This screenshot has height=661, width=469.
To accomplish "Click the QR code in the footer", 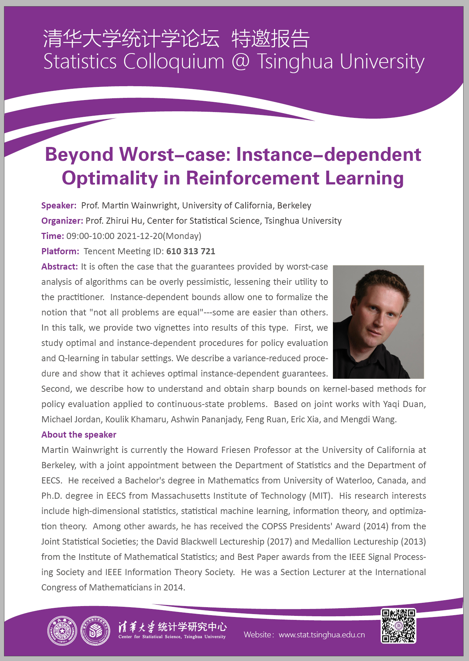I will [398, 626].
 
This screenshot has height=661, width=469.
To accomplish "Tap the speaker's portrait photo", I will [378, 322].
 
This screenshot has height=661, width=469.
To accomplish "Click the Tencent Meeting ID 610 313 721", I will [191, 251].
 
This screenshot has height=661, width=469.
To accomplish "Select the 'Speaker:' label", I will [59, 206].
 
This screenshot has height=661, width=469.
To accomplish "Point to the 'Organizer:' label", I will [62, 221].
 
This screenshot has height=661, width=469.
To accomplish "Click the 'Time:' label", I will [53, 236].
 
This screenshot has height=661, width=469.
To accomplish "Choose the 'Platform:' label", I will [60, 251].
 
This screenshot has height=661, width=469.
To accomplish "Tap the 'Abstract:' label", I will [60, 267].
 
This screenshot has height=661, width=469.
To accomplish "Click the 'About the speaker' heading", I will [79, 435].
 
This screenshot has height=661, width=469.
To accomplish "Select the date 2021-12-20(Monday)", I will [159, 236].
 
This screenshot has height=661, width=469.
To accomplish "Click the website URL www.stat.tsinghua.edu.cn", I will [322, 635].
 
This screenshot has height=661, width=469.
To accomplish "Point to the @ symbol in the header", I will [241, 61].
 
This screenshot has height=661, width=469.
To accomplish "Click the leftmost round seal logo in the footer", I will [63, 631].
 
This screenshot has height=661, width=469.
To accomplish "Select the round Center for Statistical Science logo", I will [95, 631].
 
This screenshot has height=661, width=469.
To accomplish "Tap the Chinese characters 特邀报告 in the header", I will [271, 39].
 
